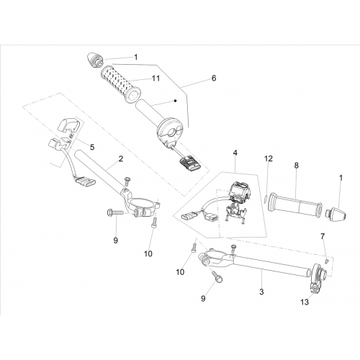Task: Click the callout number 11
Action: [x=156, y=78]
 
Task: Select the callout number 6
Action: [x=214, y=78]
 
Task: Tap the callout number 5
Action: [x=92, y=147]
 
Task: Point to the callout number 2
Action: [x=120, y=158]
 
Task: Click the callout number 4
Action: [x=235, y=153]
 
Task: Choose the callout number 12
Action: [x=269, y=158]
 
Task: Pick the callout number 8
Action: [x=297, y=166]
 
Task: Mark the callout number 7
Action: [x=323, y=236]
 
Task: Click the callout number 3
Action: [x=261, y=292]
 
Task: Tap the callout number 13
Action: [x=305, y=302]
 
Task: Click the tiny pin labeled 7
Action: [x=327, y=261]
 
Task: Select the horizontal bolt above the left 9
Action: [x=115, y=212]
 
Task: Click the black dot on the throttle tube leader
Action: [x=176, y=101]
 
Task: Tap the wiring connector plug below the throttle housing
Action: [x=189, y=162]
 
